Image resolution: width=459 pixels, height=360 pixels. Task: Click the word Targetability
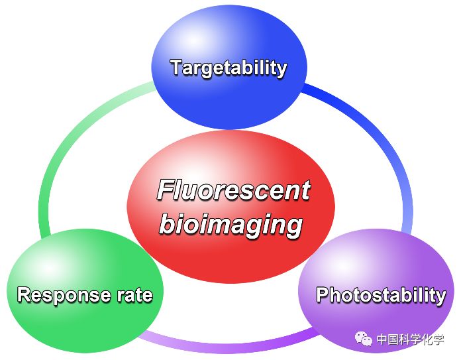[229, 68]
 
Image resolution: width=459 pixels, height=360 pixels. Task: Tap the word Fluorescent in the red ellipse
[233, 191]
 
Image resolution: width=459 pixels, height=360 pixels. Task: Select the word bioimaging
[230, 225]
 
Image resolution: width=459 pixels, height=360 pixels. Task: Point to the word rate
[134, 296]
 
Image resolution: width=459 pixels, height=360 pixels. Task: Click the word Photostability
[381, 295]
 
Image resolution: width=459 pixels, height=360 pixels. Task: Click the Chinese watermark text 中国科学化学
[411, 339]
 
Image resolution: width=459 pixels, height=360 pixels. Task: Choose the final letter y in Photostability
[440, 297]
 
